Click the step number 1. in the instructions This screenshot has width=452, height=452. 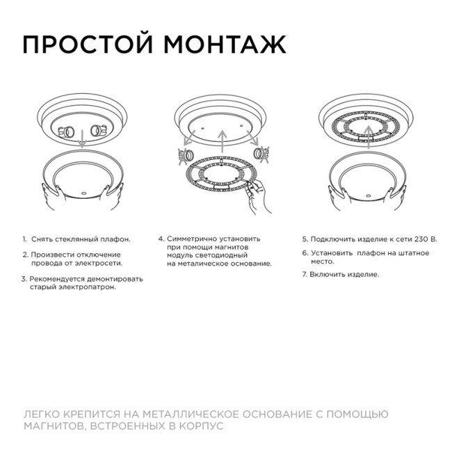[x=24, y=239]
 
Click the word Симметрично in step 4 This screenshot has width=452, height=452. [x=194, y=239]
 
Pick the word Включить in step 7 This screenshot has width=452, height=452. [x=330, y=274]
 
